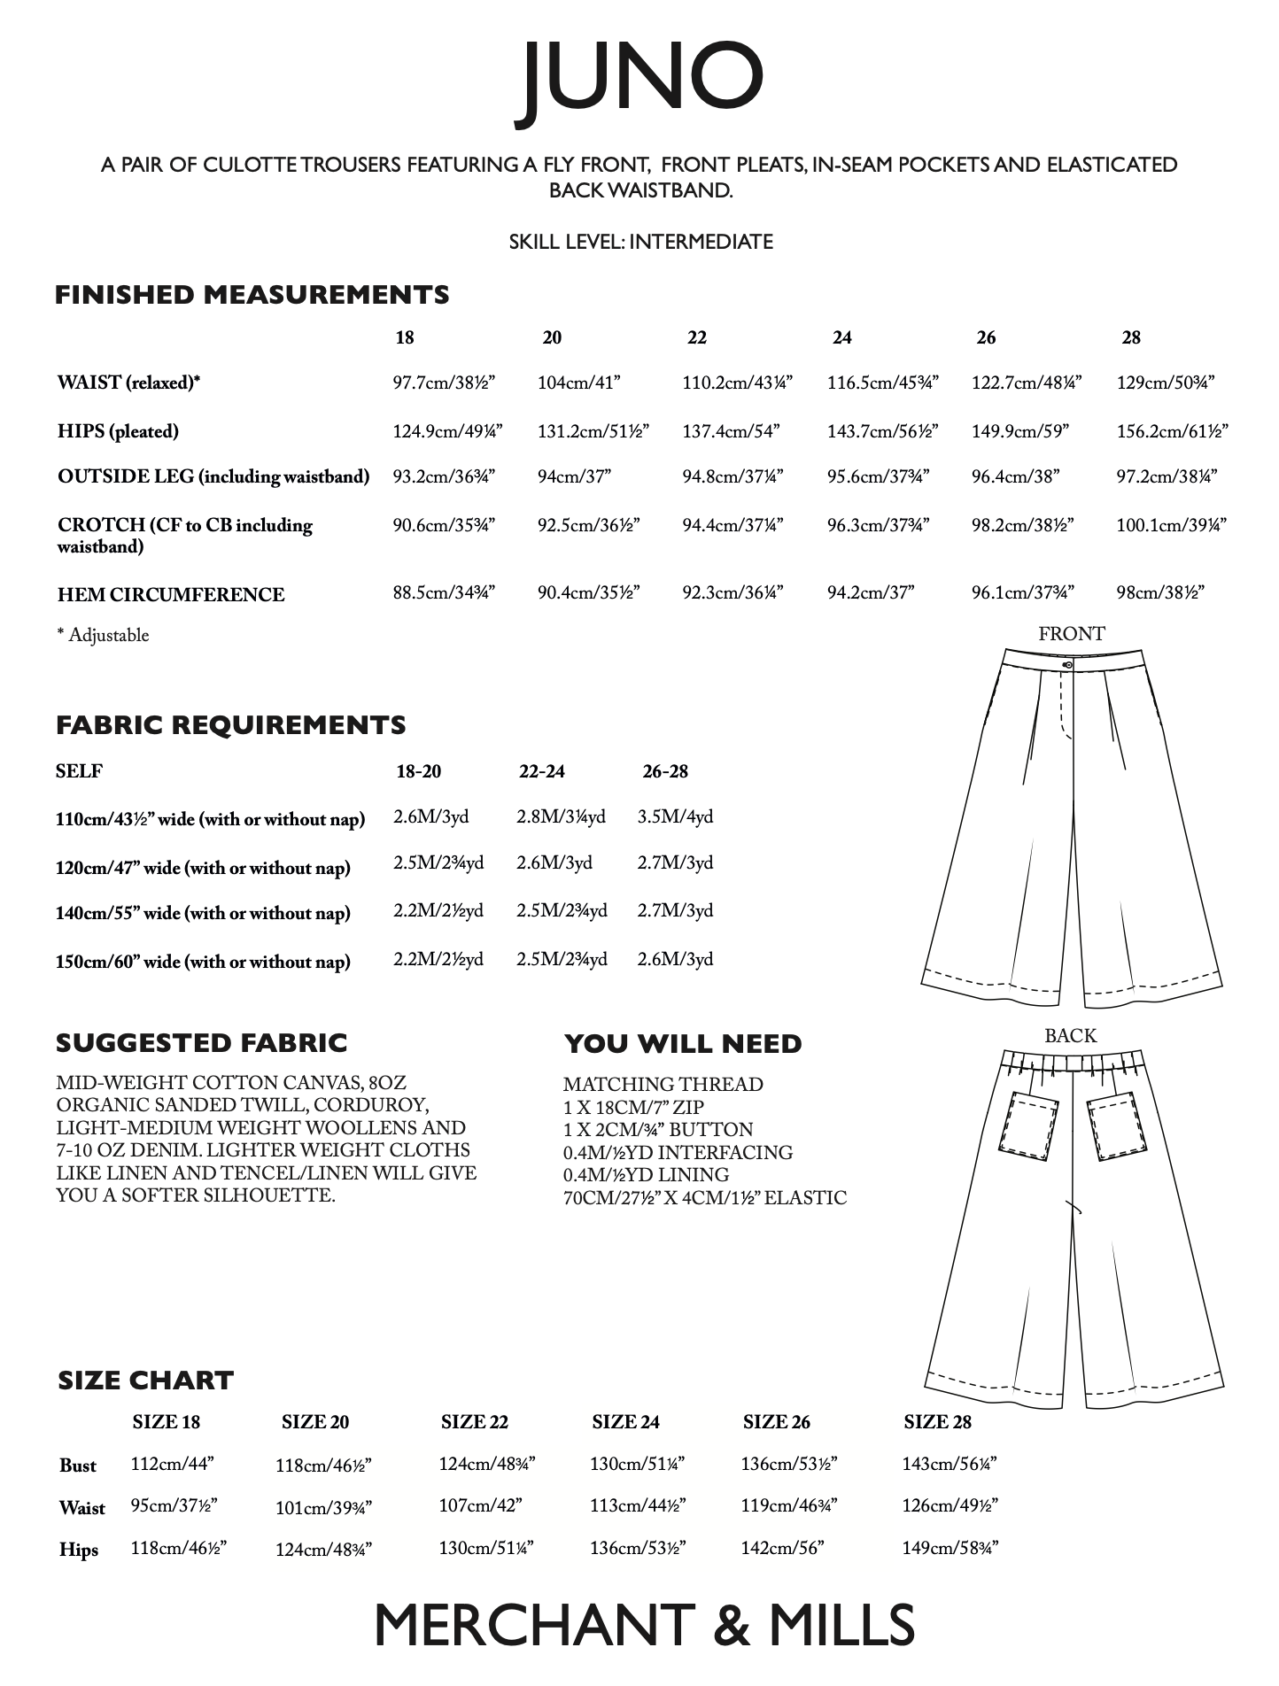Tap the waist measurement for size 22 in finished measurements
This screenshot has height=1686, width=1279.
coord(737,383)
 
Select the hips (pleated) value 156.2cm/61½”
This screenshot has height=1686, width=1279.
coord(1172,431)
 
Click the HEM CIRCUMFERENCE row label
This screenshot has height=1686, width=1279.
coord(171,594)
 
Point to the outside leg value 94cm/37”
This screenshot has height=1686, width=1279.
coord(574,477)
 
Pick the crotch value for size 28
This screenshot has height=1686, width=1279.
coord(1171,525)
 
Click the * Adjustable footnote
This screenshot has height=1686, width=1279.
coord(104,635)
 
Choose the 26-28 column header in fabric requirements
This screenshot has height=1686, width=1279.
coord(665,771)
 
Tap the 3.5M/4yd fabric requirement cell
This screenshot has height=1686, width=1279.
coord(675,816)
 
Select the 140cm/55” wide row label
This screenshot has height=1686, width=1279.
coord(203,914)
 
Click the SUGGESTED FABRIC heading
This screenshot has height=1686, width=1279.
coord(201,1043)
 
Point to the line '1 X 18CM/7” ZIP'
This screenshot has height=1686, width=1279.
coord(633,1107)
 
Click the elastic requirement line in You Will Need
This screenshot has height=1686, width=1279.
coord(705,1198)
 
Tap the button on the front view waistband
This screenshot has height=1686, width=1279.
coord(1068,663)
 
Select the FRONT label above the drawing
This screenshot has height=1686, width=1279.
coord(1071,634)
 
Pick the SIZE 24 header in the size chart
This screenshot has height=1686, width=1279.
coord(625,1422)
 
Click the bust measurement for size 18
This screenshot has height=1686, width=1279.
coord(173,1464)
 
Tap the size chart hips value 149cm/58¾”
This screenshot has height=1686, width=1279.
coord(950,1548)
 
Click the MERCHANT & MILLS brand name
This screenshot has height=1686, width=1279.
coord(644,1626)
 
